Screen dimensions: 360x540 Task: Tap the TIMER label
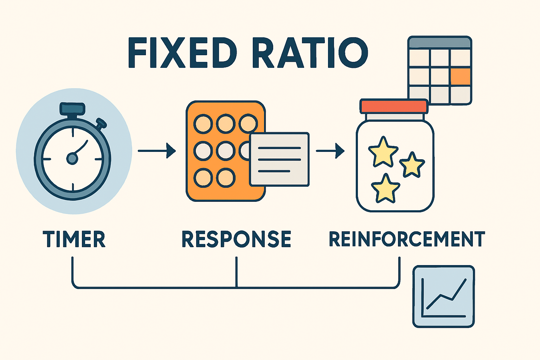pyautogui.click(x=74, y=239)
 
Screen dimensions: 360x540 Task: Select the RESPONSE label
pyautogui.click(x=236, y=239)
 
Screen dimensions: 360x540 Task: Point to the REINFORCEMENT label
pyautogui.click(x=407, y=239)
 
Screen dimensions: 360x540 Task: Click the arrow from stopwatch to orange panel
pyautogui.click(x=157, y=151)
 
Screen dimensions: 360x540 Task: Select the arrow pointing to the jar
pyautogui.click(x=330, y=151)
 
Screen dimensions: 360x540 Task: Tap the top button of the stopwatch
pyautogui.click(x=72, y=109)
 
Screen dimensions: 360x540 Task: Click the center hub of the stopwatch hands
pyautogui.click(x=72, y=159)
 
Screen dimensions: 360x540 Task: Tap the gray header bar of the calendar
pyautogui.click(x=439, y=43)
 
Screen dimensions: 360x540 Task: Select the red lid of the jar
pyautogui.click(x=394, y=106)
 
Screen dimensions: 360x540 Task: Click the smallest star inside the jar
pyautogui.click(x=412, y=165)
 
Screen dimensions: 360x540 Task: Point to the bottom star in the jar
pyautogui.click(x=385, y=189)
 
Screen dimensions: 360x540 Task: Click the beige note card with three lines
pyautogui.click(x=279, y=159)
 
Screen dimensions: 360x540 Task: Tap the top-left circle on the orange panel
pyautogui.click(x=203, y=124)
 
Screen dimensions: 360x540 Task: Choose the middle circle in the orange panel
pyautogui.click(x=225, y=151)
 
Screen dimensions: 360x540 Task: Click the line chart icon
pyautogui.click(x=443, y=297)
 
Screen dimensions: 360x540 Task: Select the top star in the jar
pyautogui.click(x=383, y=152)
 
